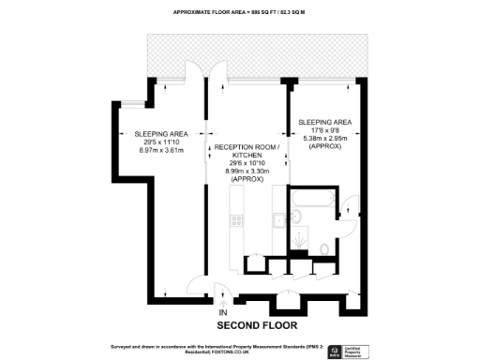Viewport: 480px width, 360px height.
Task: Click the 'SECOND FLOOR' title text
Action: [x=258, y=325]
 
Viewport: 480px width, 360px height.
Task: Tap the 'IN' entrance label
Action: [x=223, y=312]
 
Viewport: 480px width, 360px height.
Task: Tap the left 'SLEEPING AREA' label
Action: [x=158, y=133]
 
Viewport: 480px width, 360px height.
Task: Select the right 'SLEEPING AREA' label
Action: [x=324, y=123]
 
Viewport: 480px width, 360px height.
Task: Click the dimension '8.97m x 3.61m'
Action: [x=158, y=149]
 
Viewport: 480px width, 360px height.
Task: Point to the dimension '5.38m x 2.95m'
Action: [x=324, y=139]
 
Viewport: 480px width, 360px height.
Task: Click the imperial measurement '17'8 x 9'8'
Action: [x=324, y=131]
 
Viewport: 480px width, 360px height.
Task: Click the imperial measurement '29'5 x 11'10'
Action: [x=158, y=142]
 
